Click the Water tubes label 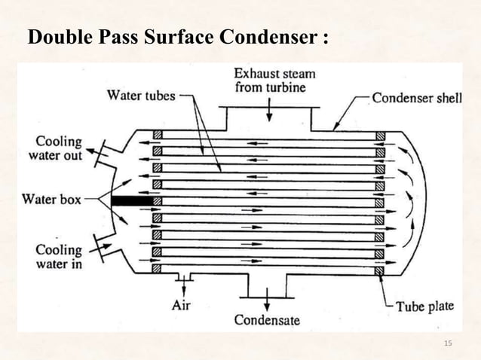[141, 96]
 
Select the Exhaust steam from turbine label [274, 81]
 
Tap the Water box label [51, 200]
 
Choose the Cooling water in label [59, 256]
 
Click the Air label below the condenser [182, 305]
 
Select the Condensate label [267, 320]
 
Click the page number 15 [448, 344]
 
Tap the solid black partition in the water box [130, 202]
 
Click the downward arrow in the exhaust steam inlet [270, 112]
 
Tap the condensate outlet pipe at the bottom [266, 285]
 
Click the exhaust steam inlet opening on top [270, 116]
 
